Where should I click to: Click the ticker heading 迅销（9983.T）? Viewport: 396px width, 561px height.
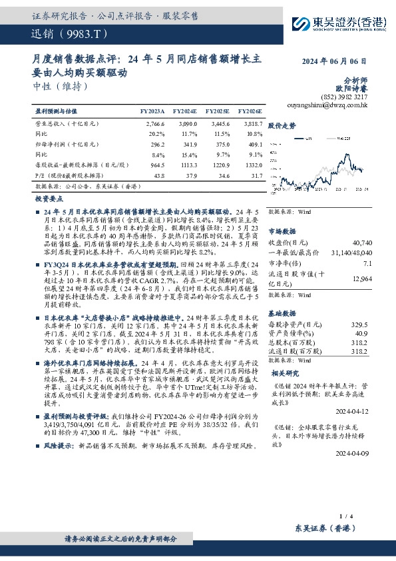pyautogui.click(x=65, y=33)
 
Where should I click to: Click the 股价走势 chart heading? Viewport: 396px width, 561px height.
pyautogui.click(x=283, y=125)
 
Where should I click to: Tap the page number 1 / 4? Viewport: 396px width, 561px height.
pyautogui.click(x=345, y=516)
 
